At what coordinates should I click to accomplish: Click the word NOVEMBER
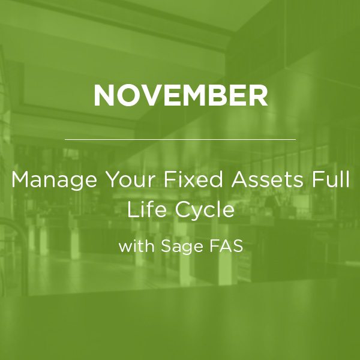coord(181,95)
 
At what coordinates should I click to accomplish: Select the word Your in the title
coord(130,179)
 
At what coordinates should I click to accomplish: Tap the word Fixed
coord(193,179)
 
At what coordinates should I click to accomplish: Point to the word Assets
coord(267,179)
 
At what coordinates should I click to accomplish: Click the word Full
coord(331,179)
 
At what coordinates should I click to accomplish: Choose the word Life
coord(146,209)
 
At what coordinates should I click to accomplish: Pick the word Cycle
coord(205,211)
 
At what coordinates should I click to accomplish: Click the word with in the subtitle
coord(136,246)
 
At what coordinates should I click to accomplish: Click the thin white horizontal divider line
coord(180,139)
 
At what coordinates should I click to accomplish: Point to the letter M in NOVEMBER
coord(193,95)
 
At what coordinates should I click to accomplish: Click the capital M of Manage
coord(20,179)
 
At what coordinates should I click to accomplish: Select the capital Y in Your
coord(113,179)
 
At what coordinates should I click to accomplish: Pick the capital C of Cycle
coord(183,209)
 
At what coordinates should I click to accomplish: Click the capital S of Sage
coord(166,246)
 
